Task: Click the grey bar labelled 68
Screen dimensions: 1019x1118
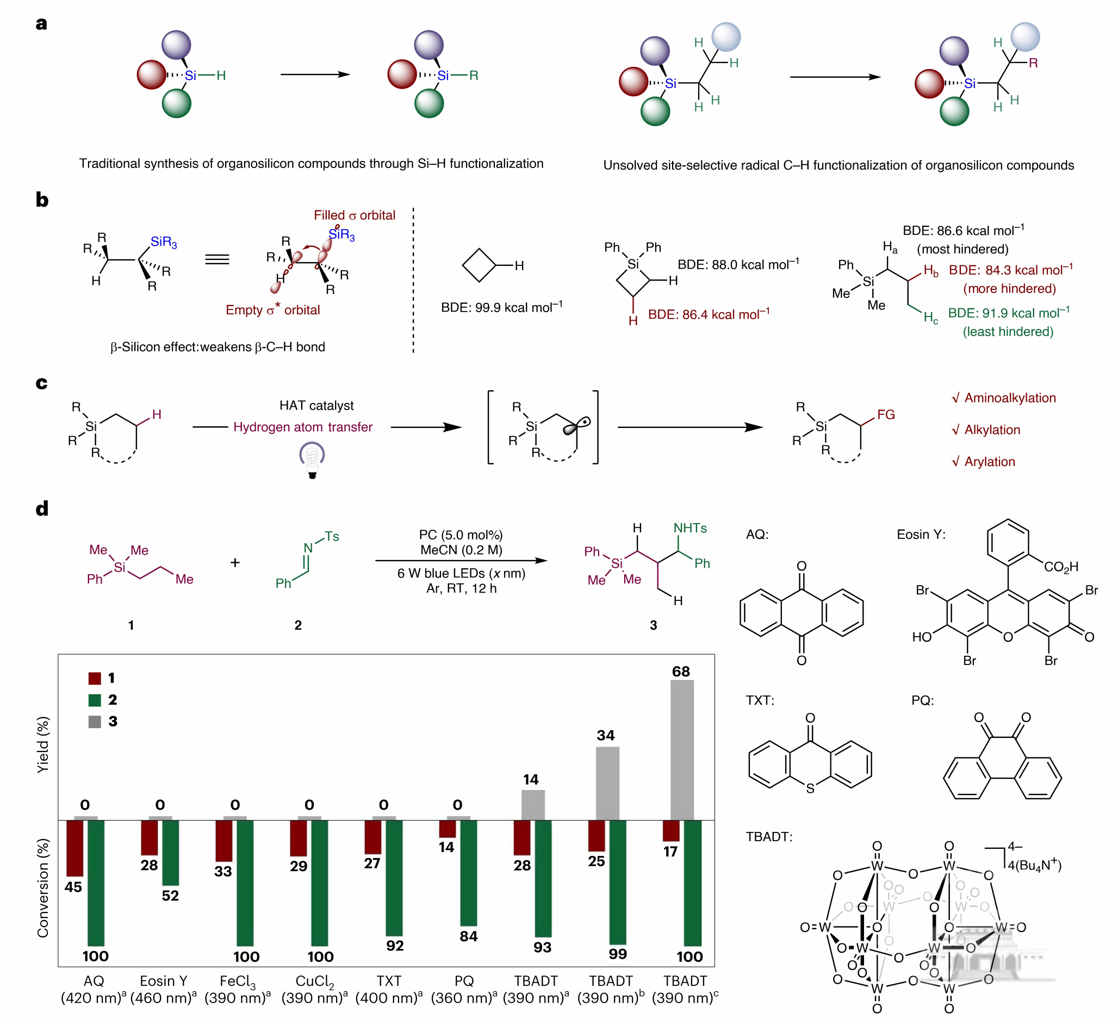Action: point(682,749)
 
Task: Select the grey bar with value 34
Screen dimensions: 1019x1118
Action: point(607,783)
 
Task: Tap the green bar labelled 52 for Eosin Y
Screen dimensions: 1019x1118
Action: point(170,853)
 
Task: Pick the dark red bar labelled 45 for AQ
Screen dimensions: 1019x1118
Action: point(75,848)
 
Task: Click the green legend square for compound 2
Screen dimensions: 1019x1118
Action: point(95,700)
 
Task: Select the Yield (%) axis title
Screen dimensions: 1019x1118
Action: point(44,744)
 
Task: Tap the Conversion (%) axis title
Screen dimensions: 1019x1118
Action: point(44,887)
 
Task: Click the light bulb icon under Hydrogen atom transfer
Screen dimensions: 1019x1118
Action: point(312,459)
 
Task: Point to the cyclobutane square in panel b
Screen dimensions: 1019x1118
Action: point(479,265)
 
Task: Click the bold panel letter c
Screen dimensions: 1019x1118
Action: point(41,383)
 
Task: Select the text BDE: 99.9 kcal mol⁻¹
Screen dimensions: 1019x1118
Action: point(501,307)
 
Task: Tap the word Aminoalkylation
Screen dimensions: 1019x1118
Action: point(1009,398)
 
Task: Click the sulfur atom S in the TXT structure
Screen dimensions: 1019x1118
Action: point(810,788)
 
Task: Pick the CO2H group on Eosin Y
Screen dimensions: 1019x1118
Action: point(1061,567)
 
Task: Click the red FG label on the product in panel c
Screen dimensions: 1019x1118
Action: point(886,415)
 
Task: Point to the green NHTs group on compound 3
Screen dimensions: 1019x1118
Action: point(690,528)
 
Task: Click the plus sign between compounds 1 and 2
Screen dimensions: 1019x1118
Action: point(235,563)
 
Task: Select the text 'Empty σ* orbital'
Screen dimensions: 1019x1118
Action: point(273,309)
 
